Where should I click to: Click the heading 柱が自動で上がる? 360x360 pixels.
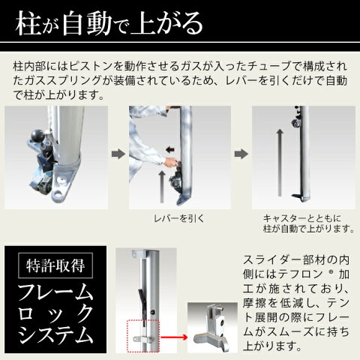pyautogui.click(x=109, y=23)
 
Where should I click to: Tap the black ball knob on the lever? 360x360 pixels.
pyautogui.click(x=38, y=136)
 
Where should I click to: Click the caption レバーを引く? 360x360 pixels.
pyautogui.click(x=179, y=218)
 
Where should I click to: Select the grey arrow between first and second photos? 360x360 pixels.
pyautogui.click(x=118, y=154)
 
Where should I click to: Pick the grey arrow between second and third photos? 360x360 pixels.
pyautogui.click(x=241, y=154)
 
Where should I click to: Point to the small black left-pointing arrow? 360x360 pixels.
pyautogui.click(x=170, y=150)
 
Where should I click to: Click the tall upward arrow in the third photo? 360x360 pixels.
pyautogui.click(x=280, y=163)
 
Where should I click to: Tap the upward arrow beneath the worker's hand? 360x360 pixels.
pyautogui.click(x=162, y=187)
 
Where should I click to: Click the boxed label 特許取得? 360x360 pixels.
pyautogui.click(x=55, y=265)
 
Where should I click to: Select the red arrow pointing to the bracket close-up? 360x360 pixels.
pyautogui.click(x=174, y=337)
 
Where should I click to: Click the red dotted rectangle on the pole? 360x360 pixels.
pyautogui.click(x=143, y=335)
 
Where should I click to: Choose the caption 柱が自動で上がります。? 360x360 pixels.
pyautogui.click(x=308, y=229)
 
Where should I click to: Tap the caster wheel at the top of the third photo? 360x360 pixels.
pyautogui.click(x=295, y=123)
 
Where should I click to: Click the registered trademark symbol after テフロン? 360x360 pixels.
pyautogui.click(x=331, y=271)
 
